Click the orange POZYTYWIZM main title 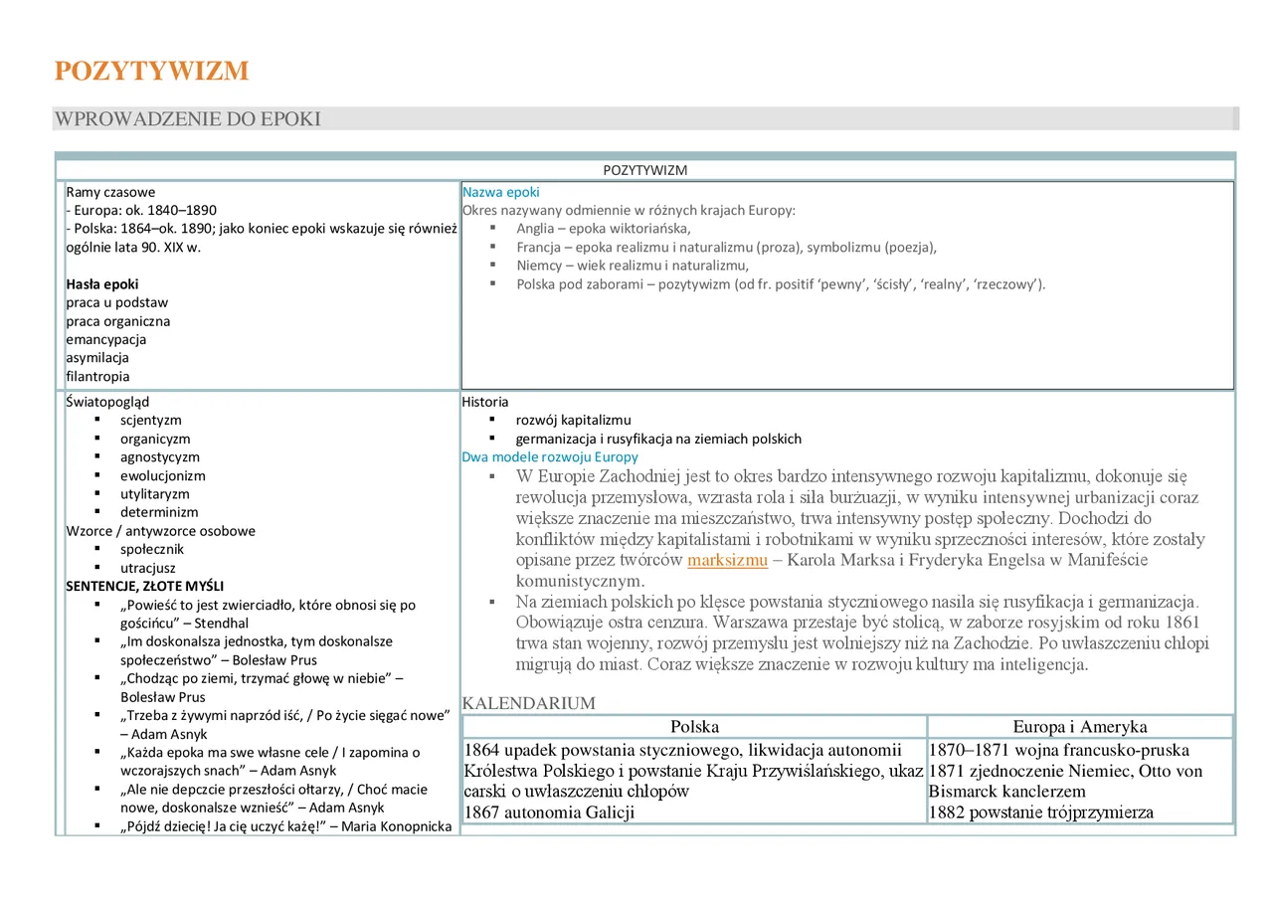point(151,72)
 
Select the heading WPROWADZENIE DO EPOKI point(187,119)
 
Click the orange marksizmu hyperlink point(727,560)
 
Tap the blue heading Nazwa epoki point(500,192)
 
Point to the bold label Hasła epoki point(102,283)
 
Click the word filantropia point(97,376)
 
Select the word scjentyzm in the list point(151,420)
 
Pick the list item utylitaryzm point(154,493)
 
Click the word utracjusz point(147,568)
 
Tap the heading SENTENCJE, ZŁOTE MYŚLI point(144,586)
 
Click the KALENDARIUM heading point(528,704)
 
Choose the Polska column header point(694,727)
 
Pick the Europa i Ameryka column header point(1079,727)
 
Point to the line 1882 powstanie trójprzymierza point(1041,812)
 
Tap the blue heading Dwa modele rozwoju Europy point(550,457)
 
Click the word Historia point(484,402)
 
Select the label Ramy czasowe point(110,192)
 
